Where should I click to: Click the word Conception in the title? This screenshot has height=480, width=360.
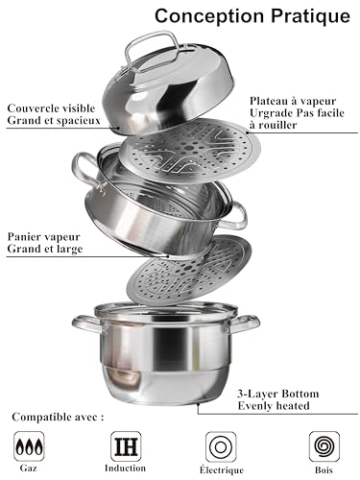tap(210, 16)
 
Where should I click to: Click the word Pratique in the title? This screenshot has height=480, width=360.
tap(311, 15)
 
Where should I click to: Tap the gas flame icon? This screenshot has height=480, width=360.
tap(29, 446)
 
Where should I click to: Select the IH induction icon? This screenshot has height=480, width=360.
tap(126, 446)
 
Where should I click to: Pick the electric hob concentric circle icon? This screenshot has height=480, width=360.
tap(221, 446)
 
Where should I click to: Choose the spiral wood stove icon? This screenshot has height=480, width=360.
tap(324, 446)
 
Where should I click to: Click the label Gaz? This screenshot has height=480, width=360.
tap(29, 468)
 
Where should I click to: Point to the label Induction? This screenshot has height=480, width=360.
tap(125, 468)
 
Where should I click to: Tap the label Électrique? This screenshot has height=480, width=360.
tap(222, 469)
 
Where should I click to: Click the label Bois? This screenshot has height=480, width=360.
tap(324, 470)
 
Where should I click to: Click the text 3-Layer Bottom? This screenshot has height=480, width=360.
tap(278, 394)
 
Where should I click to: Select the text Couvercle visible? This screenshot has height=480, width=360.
tap(51, 108)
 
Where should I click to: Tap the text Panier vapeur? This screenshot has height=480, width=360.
tap(43, 237)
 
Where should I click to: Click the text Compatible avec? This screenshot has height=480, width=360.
tap(58, 417)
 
